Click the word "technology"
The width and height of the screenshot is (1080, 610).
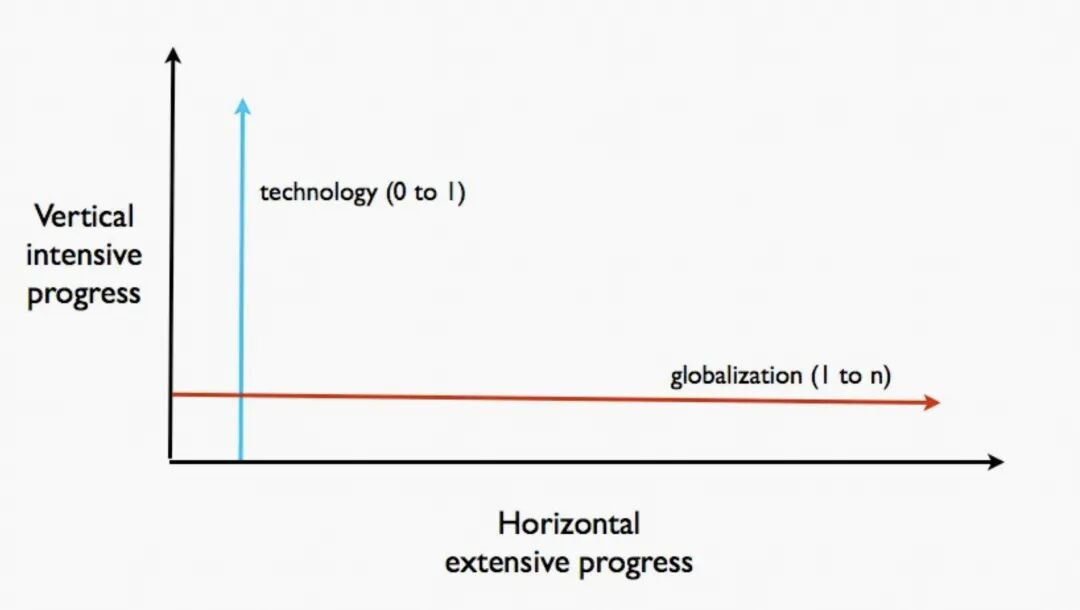pos(318,193)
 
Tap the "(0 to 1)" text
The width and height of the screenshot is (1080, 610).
pos(426,191)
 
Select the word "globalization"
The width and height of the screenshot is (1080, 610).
pos(736,376)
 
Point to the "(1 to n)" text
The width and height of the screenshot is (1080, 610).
pos(852,375)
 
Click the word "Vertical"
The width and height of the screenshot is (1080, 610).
pos(84,216)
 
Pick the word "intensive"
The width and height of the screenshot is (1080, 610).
pos(84,255)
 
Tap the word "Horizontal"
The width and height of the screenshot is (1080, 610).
pos(569,524)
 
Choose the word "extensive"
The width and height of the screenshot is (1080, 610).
pos(508,562)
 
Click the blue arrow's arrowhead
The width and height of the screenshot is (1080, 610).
pos(242,106)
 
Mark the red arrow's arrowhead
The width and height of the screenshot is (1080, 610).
pos(932,402)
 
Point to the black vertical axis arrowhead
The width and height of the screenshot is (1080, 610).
pos(174,56)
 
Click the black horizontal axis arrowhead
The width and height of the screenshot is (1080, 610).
pos(995,462)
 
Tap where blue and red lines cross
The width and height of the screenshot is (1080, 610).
pos(240,395)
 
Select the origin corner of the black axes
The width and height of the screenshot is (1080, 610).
pos(171,461)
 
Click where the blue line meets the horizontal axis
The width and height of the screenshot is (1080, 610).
pos(240,460)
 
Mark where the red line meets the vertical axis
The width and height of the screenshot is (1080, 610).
pos(172,395)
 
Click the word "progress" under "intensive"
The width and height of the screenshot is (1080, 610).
pos(84,295)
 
